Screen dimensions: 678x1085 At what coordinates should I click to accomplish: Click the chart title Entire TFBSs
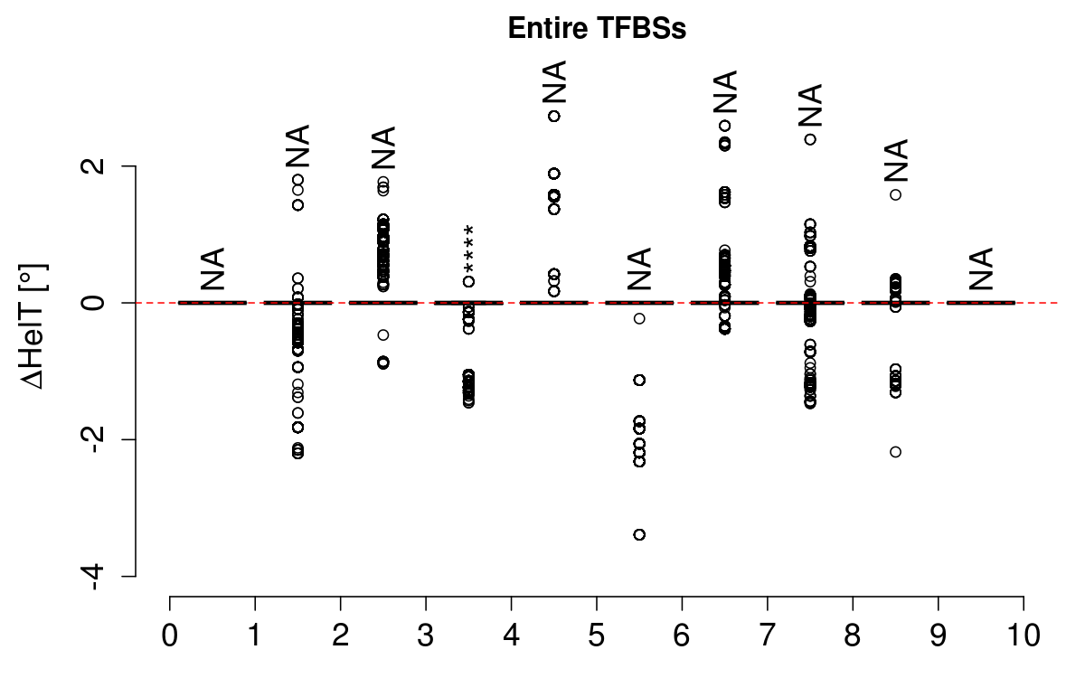[597, 28]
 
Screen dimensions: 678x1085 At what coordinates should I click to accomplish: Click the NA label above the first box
[212, 268]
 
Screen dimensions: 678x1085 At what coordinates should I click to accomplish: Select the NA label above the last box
[981, 268]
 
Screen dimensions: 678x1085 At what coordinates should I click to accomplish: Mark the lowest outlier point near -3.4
[639, 534]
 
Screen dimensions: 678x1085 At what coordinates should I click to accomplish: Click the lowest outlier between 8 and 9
[895, 451]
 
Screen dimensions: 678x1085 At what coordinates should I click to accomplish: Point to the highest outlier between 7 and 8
[810, 139]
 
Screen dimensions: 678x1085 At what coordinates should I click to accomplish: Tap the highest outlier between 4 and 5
[553, 116]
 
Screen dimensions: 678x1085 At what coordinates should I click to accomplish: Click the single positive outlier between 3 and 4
[468, 281]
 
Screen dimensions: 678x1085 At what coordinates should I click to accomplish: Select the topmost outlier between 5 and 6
[639, 318]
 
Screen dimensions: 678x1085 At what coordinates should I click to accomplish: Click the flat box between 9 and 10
[981, 302]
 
